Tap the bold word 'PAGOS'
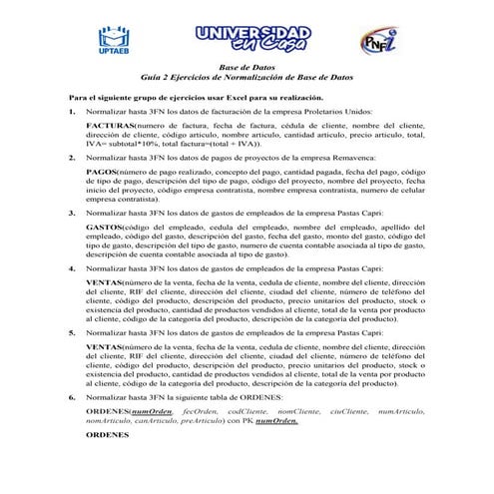(x=102, y=173)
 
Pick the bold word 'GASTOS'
(x=105, y=228)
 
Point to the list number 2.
(x=72, y=157)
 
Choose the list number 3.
(x=72, y=212)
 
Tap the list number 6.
(x=72, y=396)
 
